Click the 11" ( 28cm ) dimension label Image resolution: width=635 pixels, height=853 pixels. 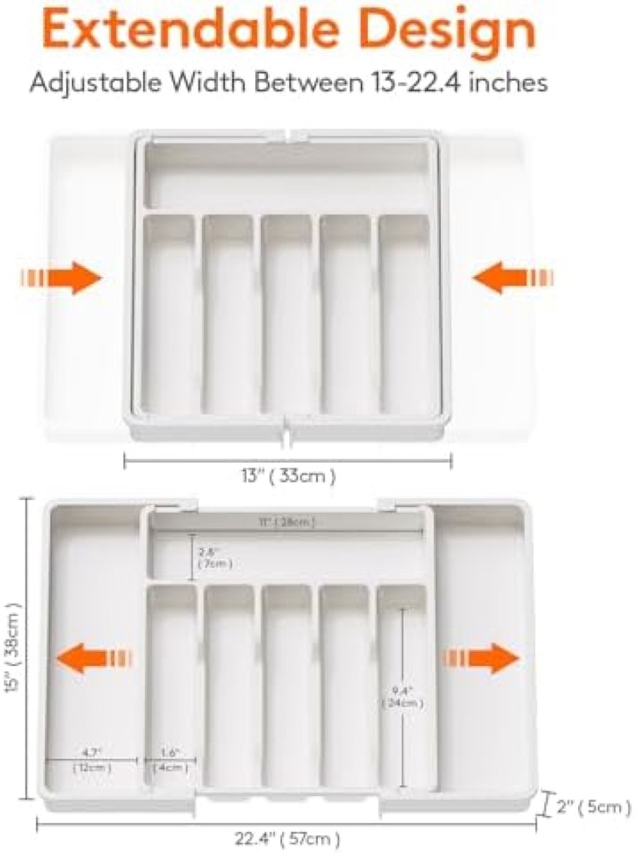tap(291, 522)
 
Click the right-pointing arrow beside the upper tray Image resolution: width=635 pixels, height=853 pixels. tap(61, 277)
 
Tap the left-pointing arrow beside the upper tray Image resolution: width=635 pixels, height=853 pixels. tap(511, 277)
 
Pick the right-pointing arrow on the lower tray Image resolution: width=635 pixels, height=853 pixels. tap(483, 658)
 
